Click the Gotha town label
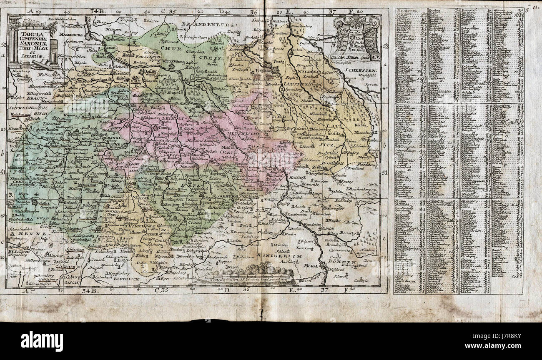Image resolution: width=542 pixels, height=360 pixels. (33, 202)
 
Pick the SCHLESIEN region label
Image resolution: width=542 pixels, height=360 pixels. (361, 71)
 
